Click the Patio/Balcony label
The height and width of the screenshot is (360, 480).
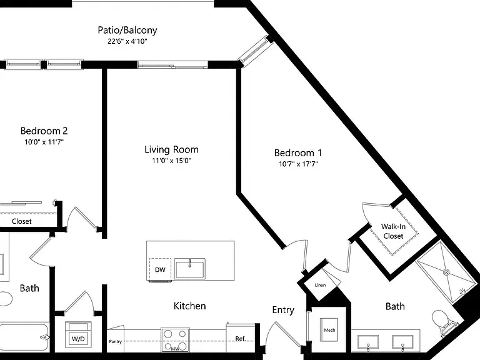pos(127,30)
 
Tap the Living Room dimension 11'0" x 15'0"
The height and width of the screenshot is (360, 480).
pos(172,161)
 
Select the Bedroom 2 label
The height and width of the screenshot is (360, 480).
pos(44,131)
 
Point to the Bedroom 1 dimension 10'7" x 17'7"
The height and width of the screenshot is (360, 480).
pos(298,164)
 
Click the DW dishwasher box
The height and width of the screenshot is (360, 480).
pos(160,269)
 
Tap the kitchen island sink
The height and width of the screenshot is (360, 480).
pos(190,269)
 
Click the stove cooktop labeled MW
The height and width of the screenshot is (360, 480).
pos(175,339)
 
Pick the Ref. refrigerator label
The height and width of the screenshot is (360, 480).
pos(241,339)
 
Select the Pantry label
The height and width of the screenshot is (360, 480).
pos(116,341)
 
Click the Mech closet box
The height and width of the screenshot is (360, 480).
pos(329,330)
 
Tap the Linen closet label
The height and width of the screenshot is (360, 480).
pos(320,285)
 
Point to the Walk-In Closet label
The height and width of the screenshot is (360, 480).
pos(393,231)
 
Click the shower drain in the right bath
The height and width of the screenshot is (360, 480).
pos(447,271)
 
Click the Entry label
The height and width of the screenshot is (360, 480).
pos(283,310)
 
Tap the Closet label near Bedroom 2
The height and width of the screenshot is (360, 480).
pos(22,221)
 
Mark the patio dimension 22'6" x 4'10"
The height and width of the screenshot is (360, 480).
pos(127,41)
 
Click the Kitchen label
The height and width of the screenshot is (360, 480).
pos(189,306)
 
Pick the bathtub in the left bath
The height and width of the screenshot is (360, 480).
pos(24,337)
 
